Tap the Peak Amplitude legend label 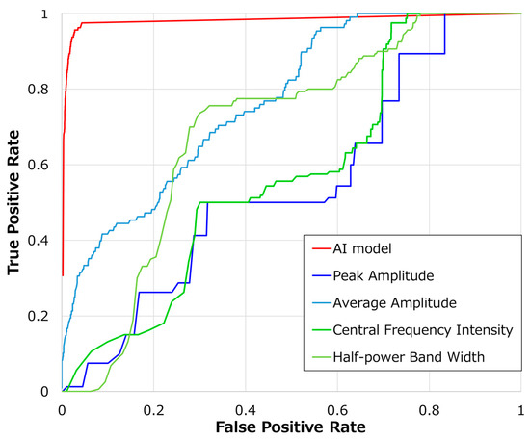tap(382, 274)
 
